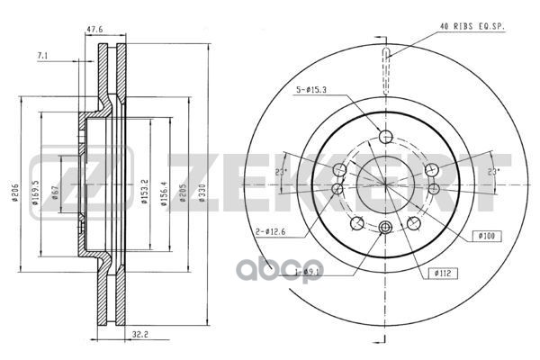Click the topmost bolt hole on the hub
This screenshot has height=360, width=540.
point(387,136)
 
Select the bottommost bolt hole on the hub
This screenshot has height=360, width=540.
point(387,228)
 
